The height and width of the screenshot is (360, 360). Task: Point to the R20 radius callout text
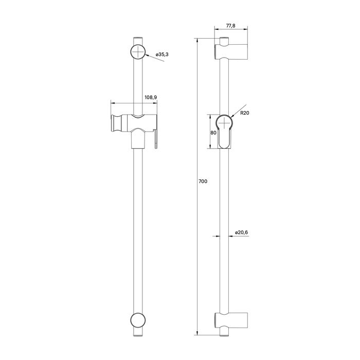(x=244, y=113)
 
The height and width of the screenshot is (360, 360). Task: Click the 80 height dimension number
(x=212, y=132)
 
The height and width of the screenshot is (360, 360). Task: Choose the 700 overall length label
(x=203, y=181)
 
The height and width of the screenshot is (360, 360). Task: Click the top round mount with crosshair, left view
(x=138, y=52)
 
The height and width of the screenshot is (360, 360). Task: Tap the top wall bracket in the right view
(x=231, y=52)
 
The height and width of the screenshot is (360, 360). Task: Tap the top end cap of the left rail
(x=138, y=40)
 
